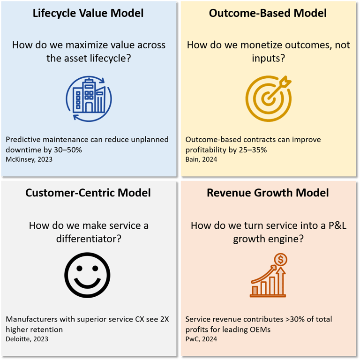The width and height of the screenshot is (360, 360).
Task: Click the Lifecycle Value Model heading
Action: point(89,13)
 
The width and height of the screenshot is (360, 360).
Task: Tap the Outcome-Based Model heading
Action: point(269,13)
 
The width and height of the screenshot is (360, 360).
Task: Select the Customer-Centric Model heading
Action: point(88,193)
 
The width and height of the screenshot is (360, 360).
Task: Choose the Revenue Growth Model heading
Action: point(268,193)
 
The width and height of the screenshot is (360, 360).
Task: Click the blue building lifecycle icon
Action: point(89,98)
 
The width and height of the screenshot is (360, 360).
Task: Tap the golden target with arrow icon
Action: point(269,98)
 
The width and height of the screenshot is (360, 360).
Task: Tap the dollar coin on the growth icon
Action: point(281,259)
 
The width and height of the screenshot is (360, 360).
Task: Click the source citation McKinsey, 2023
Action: point(29,159)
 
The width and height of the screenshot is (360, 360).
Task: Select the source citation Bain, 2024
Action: point(202,159)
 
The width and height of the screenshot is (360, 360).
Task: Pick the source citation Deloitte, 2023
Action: point(27,339)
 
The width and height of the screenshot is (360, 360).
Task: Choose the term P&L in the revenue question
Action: point(323,225)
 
